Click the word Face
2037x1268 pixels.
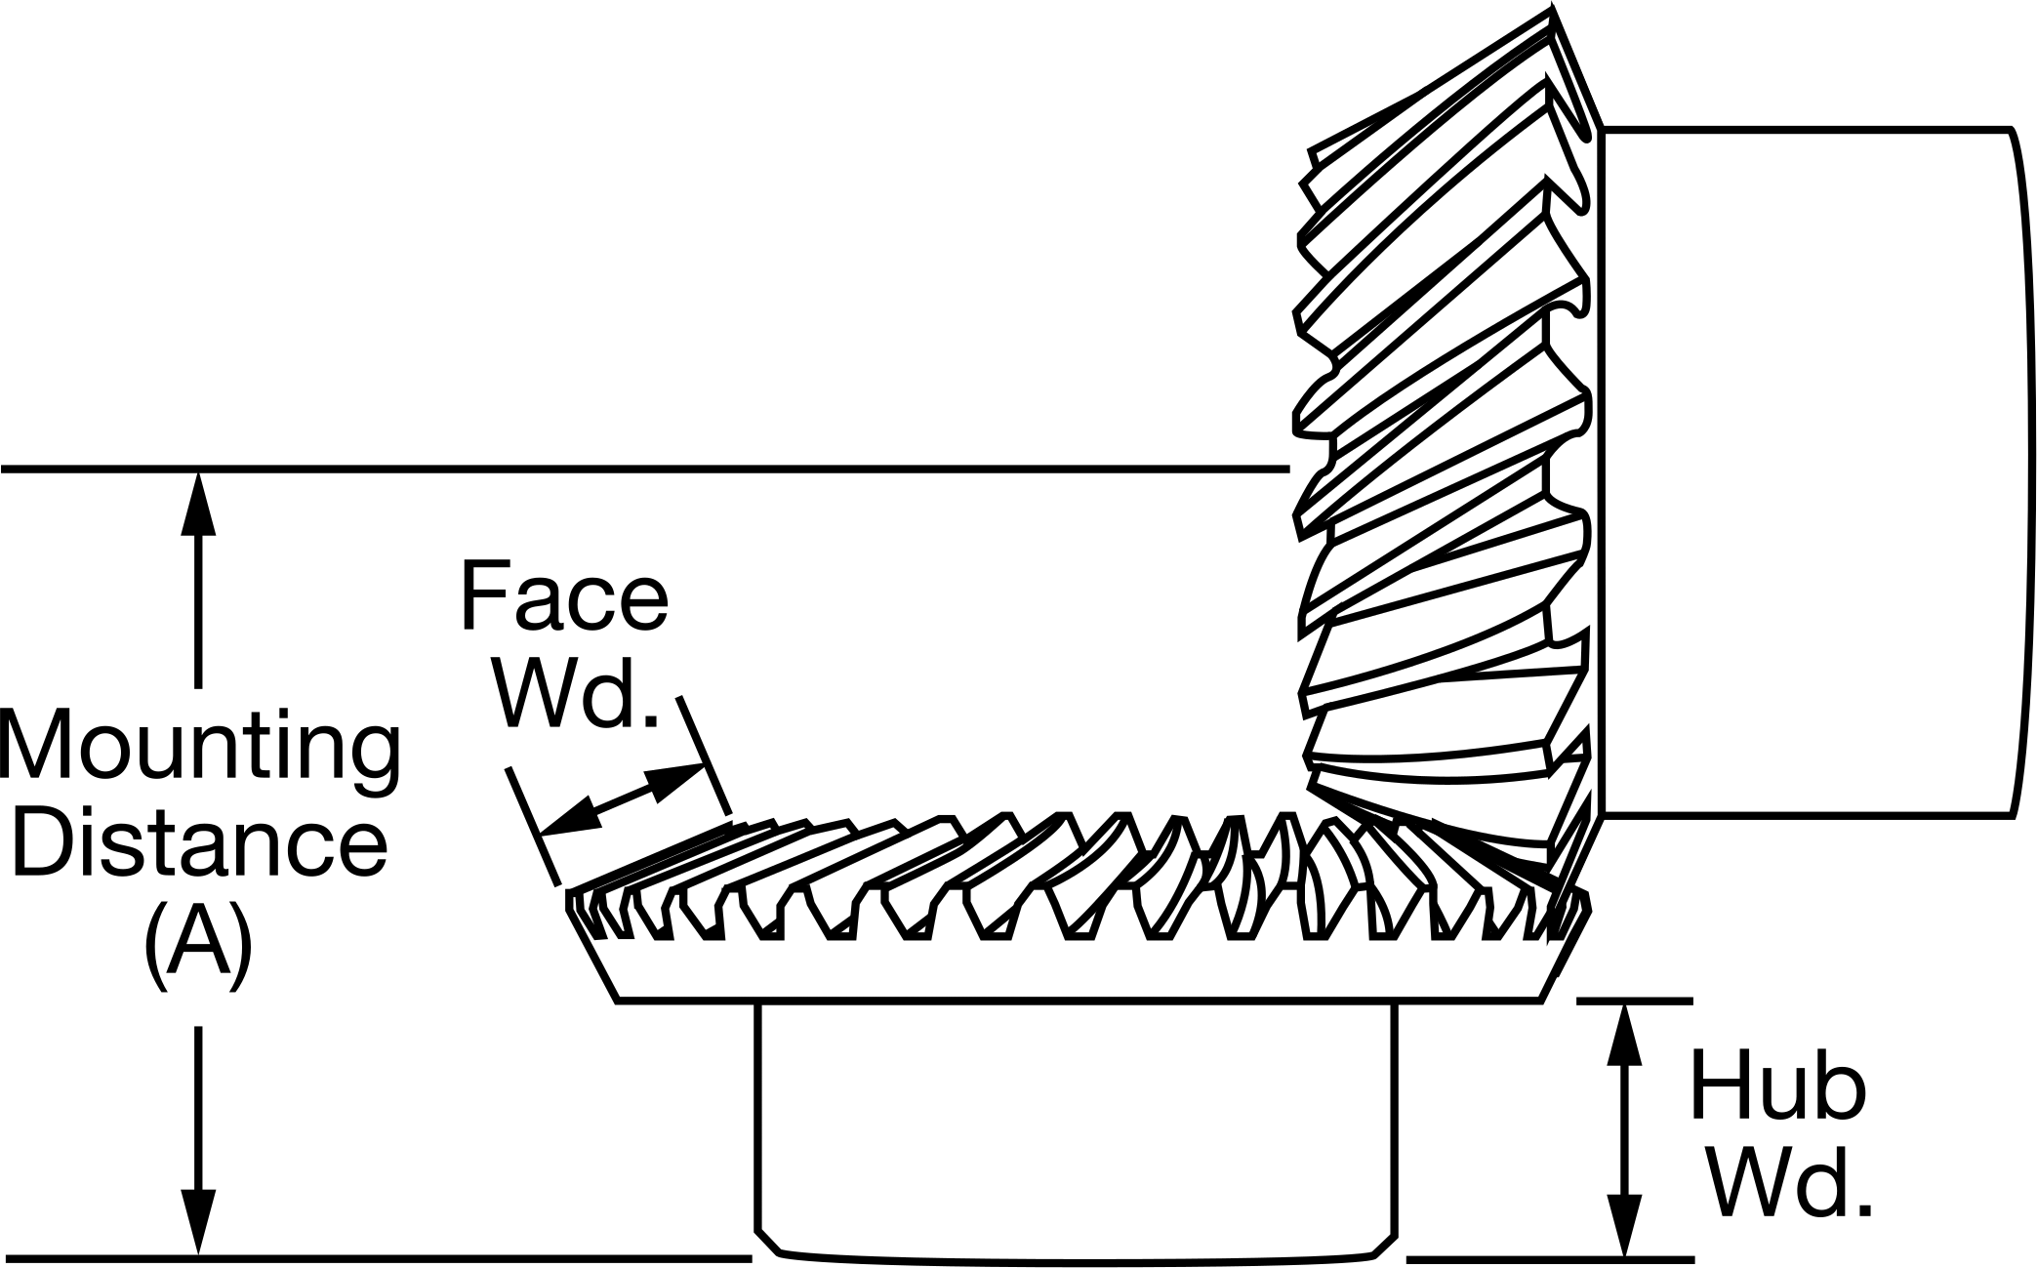pos(563,596)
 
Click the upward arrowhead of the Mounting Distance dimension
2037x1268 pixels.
pos(199,504)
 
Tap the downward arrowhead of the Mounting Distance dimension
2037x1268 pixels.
pos(199,1221)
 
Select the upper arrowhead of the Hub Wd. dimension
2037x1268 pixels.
pos(1625,1033)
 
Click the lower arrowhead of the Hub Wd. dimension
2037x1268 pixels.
pos(1625,1224)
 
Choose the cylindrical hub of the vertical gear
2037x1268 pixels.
pos(1810,471)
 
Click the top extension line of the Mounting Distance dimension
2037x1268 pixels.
pos(645,470)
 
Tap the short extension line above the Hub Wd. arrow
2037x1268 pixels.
pos(1635,1001)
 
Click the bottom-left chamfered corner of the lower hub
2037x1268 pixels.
pos(768,1242)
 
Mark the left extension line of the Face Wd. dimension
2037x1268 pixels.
pos(533,827)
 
